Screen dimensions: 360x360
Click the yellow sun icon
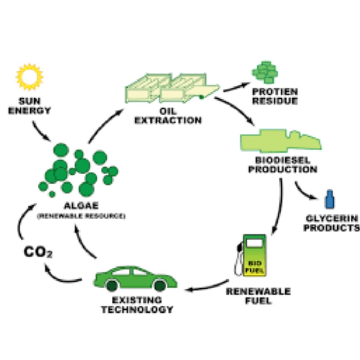tap(30, 77)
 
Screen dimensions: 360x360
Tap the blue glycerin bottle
tap(330, 199)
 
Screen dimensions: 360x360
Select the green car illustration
tap(135, 279)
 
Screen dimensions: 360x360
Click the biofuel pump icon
tap(251, 255)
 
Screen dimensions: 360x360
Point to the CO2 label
tap(38, 252)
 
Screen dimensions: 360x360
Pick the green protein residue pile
tap(265, 72)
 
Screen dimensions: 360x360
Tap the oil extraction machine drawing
tap(172, 88)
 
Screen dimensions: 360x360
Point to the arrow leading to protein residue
tap(237, 87)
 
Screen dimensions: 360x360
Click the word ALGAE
tap(81, 205)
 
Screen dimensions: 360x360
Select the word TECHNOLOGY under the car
tap(137, 309)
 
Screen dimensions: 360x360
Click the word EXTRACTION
tap(168, 121)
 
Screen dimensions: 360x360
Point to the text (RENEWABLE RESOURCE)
tap(81, 216)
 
